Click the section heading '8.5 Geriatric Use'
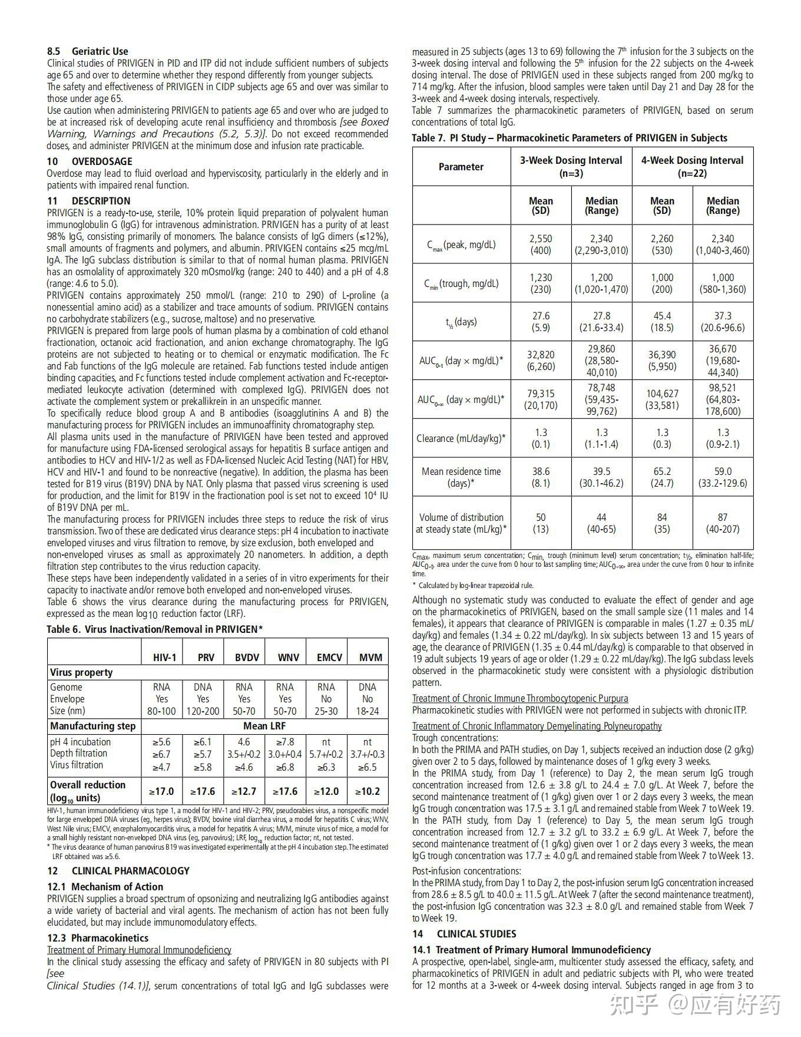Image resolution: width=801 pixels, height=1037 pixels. click(88, 51)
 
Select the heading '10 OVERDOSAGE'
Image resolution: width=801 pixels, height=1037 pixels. click(90, 161)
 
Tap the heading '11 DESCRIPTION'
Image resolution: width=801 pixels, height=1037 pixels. click(88, 201)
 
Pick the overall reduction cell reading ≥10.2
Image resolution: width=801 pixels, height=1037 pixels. click(367, 791)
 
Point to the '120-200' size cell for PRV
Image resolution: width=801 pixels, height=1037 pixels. click(203, 711)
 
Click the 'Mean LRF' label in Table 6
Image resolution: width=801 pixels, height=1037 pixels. click(264, 726)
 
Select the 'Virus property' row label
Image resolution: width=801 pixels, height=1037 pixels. click(81, 672)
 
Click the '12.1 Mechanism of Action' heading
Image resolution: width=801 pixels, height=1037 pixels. click(105, 887)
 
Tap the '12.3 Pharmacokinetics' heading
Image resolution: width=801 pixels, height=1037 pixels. click(98, 938)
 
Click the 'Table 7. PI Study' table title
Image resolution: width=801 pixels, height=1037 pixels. click(570, 138)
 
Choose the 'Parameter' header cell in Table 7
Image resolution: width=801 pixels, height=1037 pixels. click(461, 167)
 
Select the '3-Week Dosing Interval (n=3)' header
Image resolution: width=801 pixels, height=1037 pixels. click(571, 167)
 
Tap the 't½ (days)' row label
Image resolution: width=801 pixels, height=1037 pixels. click(461, 322)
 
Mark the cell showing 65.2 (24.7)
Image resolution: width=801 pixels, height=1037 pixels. click(662, 477)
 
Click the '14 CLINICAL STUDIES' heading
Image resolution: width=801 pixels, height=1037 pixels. click(464, 934)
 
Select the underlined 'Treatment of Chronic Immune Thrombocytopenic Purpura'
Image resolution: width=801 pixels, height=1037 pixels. click(520, 698)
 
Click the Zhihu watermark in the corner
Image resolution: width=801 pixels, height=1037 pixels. click(694, 1005)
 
